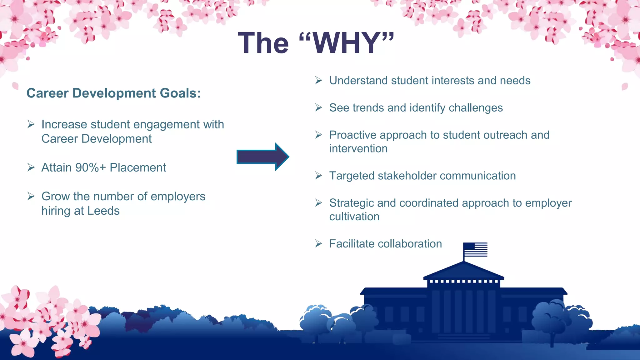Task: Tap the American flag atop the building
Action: click(475, 249)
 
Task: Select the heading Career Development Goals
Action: click(114, 93)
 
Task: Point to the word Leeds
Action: click(103, 211)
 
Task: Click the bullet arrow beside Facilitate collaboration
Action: click(318, 243)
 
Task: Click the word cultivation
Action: click(354, 217)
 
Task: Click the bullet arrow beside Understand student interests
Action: click(318, 80)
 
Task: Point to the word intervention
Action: click(358, 148)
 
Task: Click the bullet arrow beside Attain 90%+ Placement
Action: click(31, 167)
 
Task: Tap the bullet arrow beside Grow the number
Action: click(31, 196)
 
